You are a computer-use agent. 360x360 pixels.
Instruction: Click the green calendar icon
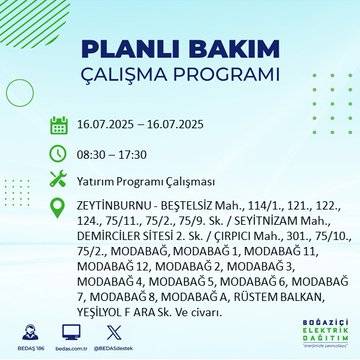coord(58,126)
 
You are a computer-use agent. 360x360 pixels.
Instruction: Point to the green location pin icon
coord(58,205)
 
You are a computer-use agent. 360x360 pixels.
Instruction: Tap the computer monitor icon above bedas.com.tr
coord(71,331)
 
